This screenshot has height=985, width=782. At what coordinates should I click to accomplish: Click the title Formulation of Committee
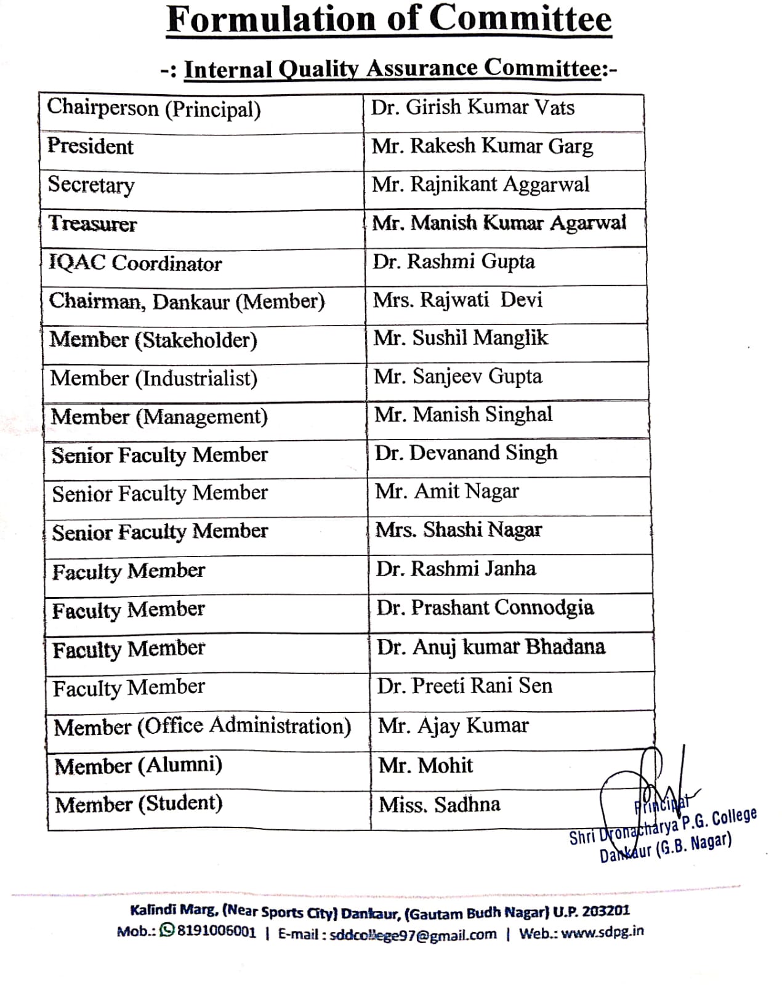coord(389,19)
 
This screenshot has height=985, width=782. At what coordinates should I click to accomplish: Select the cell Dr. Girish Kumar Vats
coord(472,108)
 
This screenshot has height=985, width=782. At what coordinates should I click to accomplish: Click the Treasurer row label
coord(92,223)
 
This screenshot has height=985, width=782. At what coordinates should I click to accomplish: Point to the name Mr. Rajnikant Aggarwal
coord(480,185)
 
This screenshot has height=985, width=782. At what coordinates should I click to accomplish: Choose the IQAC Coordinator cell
coord(135,263)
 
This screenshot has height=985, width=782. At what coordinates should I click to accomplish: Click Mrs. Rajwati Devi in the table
coord(458,300)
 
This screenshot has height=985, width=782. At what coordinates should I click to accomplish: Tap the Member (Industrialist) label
coord(154,378)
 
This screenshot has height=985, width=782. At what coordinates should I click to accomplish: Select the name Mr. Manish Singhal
coord(463,415)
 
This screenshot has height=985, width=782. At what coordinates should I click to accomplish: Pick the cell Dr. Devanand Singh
coord(466,454)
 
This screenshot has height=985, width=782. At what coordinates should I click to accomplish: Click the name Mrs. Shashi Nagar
coord(459,530)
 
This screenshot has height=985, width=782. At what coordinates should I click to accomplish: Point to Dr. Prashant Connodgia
coord(485,608)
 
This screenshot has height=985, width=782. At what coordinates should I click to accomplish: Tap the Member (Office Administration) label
coord(203,726)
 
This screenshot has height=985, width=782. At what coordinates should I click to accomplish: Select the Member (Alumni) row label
coord(139,766)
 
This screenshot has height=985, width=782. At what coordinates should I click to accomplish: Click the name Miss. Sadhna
coord(440,805)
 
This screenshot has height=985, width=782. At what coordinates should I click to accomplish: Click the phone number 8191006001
coord(216,931)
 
